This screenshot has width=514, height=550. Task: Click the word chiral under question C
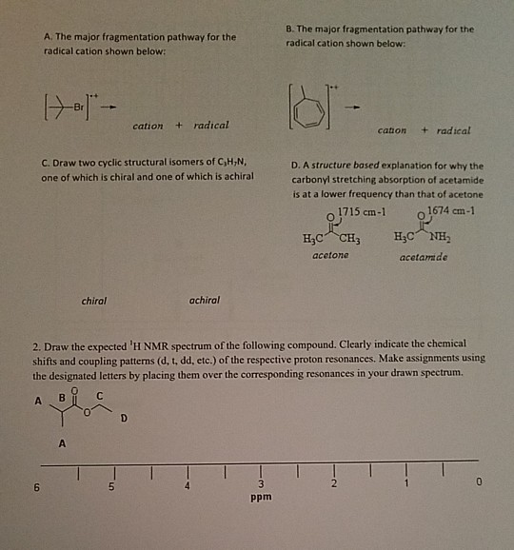93,301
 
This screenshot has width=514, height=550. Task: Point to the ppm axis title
259,498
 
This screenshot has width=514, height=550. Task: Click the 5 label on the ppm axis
112,486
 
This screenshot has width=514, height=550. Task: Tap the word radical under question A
210,126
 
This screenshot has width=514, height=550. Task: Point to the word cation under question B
392,130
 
